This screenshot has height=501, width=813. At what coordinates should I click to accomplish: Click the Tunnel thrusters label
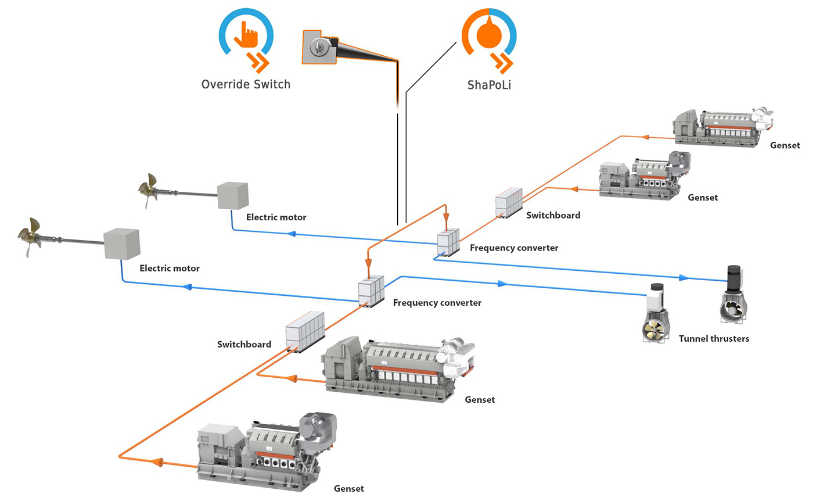(714, 338)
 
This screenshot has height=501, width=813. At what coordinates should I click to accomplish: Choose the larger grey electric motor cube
(121, 244)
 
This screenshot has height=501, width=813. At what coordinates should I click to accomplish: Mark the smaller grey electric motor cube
(233, 195)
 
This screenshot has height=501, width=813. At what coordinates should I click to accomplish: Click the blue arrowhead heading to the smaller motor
(292, 234)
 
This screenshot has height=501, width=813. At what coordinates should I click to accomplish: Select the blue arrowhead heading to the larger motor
(187, 287)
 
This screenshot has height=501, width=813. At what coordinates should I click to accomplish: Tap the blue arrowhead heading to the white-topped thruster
(502, 284)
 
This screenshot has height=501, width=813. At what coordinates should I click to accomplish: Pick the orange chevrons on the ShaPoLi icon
(501, 61)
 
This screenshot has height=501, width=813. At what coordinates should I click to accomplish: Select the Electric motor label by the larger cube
(170, 269)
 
